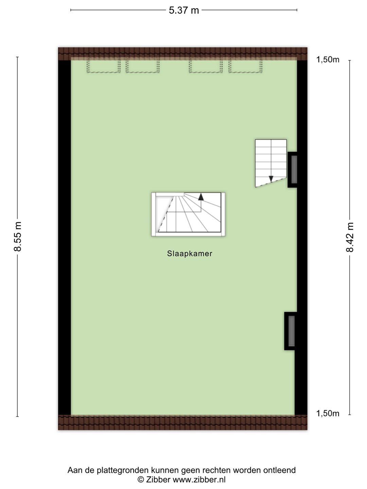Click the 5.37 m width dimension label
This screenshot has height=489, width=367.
tap(184, 11)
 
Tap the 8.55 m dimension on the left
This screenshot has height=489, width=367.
tap(18, 237)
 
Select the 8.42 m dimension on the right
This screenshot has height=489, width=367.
tap(350, 237)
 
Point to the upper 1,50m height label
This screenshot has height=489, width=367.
tap(328, 60)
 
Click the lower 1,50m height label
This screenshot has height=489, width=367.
tap(328, 414)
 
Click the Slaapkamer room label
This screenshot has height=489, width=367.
tap(190, 254)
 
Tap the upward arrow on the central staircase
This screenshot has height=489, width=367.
tap(201, 197)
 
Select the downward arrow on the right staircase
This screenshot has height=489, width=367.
tap(271, 179)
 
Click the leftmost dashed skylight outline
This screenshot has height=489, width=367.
tap(103, 65)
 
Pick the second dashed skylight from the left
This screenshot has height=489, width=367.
tap(143, 65)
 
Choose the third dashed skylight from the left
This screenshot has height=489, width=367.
tap(206, 65)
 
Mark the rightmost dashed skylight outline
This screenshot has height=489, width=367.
tap(245, 65)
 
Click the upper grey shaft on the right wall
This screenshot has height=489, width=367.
tap(294, 169)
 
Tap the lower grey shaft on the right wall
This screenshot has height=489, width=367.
tap(292, 331)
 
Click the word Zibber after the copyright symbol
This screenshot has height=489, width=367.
tap(158, 479)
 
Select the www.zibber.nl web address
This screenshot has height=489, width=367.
tap(199, 479)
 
